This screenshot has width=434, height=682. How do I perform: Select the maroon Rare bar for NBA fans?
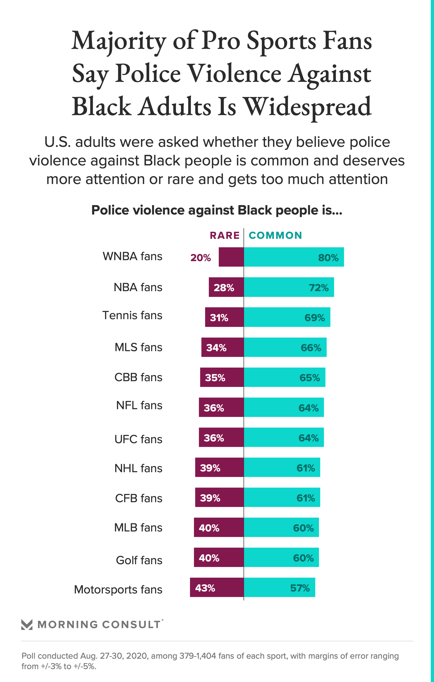point(226,287)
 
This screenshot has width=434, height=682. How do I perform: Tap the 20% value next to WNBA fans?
point(201,258)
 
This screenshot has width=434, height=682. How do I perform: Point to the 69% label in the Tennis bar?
point(314,317)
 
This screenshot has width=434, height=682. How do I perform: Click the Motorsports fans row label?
point(118,589)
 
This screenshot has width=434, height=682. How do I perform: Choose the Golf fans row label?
point(139,560)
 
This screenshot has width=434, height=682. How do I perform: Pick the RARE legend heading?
point(225,235)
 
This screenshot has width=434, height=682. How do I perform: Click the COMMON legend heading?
point(275,235)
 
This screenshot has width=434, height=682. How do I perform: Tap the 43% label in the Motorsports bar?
point(205,588)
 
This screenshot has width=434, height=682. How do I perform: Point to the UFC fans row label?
point(138,439)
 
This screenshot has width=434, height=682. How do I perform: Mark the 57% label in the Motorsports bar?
point(300,588)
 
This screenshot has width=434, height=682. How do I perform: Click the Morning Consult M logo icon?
point(27,624)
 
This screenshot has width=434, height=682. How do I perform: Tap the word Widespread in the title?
point(307,107)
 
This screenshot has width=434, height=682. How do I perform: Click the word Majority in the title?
point(119,41)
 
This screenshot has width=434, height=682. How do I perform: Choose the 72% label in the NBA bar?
point(319,287)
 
